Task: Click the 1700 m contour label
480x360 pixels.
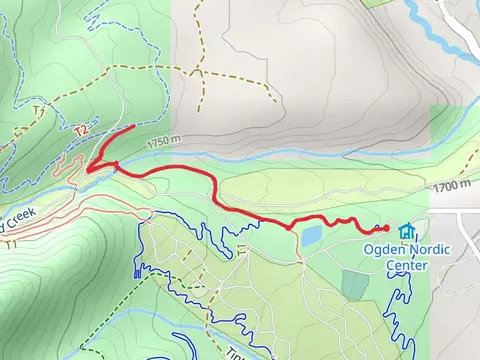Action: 451,185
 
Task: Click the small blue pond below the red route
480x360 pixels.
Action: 311,235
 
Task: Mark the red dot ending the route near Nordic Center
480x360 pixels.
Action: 386,229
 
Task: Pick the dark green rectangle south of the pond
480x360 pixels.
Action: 355,284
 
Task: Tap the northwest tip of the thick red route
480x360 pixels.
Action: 134,127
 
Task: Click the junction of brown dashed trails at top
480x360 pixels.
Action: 201,72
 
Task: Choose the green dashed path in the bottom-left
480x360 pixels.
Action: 110,310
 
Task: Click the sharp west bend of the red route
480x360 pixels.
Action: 90,169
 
